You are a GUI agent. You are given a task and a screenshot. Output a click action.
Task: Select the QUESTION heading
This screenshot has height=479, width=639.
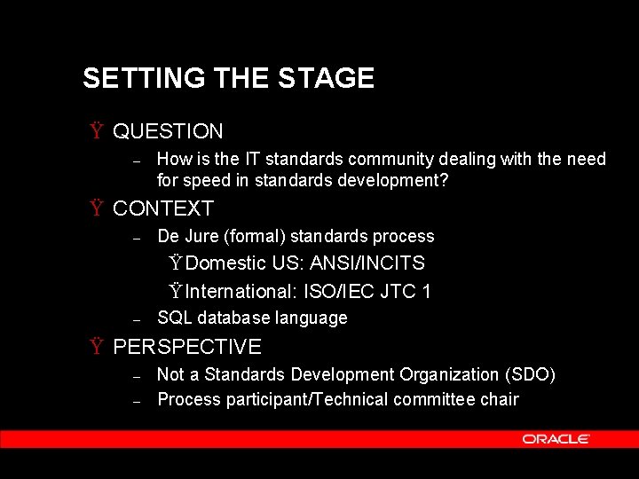click(x=168, y=132)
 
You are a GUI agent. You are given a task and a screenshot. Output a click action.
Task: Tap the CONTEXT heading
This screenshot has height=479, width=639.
click(x=163, y=209)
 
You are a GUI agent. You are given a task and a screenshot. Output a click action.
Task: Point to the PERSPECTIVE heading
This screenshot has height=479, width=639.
click(x=187, y=347)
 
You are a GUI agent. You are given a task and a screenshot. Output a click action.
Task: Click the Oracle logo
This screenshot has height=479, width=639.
click(x=556, y=439)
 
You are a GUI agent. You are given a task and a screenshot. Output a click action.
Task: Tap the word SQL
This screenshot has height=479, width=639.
click(x=175, y=318)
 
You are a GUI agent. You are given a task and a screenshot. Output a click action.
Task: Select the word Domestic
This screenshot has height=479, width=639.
click(x=226, y=263)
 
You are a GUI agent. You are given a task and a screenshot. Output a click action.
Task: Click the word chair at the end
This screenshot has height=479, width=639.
click(x=500, y=399)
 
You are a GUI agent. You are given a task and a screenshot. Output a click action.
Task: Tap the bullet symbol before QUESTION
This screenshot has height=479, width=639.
click(x=94, y=132)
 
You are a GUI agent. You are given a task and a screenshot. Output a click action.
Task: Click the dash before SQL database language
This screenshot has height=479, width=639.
click(x=137, y=318)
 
